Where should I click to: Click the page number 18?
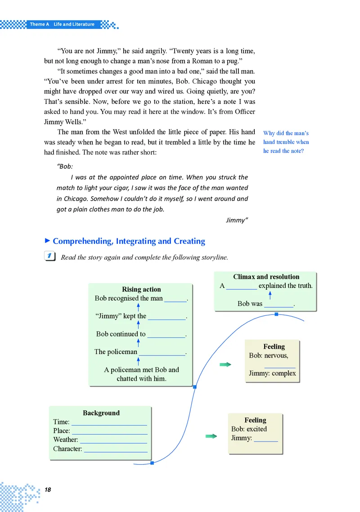pyautogui.click(x=48, y=490)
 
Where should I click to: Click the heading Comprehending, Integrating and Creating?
pyautogui.click(x=129, y=241)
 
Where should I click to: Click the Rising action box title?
pyautogui.click(x=141, y=289)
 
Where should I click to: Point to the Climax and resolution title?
pyautogui.click(x=266, y=277)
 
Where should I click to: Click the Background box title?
pyautogui.click(x=101, y=413)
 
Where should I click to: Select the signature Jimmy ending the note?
pyautogui.click(x=237, y=220)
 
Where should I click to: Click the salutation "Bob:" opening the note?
pyautogui.click(x=66, y=166)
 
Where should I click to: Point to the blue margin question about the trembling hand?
pyautogui.click(x=286, y=142)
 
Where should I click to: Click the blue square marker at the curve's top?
pyautogui.click(x=276, y=314)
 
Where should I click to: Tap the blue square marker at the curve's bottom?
pyautogui.click(x=152, y=463)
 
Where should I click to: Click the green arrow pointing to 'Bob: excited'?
pyautogui.click(x=211, y=436)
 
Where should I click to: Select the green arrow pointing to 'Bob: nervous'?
pyautogui.click(x=225, y=364)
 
